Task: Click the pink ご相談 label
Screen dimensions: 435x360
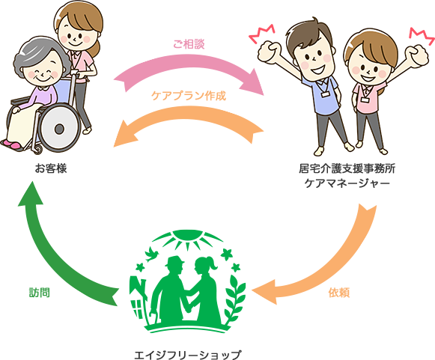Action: (189, 44)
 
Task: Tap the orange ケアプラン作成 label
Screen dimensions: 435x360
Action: (189, 96)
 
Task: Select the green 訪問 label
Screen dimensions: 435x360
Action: (40, 293)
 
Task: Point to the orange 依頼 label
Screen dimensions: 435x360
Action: (339, 293)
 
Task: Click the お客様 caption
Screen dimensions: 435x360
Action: (51, 168)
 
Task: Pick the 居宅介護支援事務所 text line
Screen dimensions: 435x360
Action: (347, 168)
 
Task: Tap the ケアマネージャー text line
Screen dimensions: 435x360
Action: (347, 183)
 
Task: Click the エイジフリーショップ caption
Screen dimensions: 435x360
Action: (187, 355)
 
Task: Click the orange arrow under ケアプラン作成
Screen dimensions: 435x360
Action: (189, 114)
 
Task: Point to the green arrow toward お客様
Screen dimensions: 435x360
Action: (55, 259)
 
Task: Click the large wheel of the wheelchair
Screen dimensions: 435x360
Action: (59, 129)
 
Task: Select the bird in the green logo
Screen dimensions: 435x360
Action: (151, 254)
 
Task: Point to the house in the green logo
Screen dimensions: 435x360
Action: (138, 299)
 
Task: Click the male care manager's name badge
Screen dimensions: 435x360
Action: (326, 94)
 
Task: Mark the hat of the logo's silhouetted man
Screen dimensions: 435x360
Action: (174, 260)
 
